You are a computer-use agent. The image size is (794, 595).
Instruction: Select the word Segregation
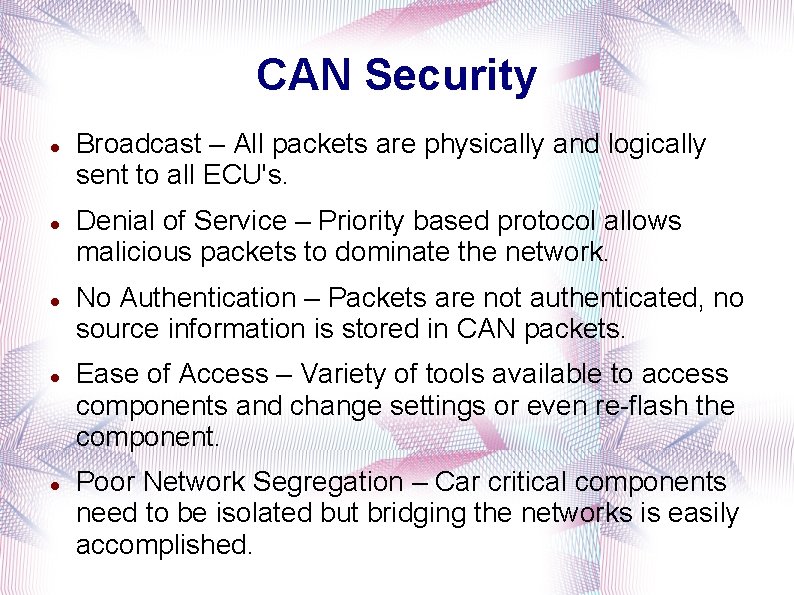(x=327, y=482)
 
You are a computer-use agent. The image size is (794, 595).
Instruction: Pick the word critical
(x=530, y=482)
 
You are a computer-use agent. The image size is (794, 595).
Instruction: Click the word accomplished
(x=164, y=545)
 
